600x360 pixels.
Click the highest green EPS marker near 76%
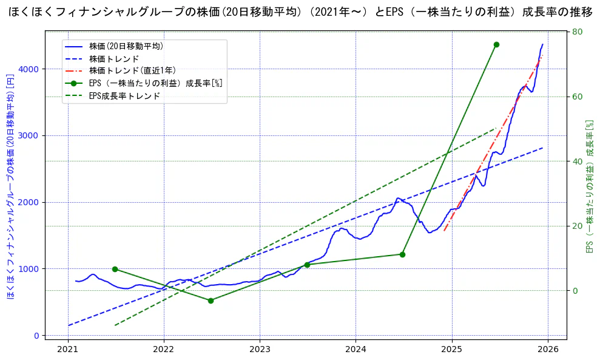point(496,44)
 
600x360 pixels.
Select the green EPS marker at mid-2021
point(115,269)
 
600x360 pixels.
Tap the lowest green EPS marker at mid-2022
point(211,301)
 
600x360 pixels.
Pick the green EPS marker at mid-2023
point(307,265)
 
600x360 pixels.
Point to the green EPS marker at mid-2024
point(402,254)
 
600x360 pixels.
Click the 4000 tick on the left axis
point(30,69)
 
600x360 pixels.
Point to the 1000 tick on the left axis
point(30,269)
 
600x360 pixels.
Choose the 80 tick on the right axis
point(578,32)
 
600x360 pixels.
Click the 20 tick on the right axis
point(578,226)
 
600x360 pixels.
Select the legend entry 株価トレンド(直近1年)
point(132,70)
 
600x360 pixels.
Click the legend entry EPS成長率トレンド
point(124,96)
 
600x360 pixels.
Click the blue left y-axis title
point(10,186)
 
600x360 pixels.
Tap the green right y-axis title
point(588,186)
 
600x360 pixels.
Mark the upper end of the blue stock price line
point(542,44)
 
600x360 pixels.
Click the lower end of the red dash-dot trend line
point(444,231)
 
